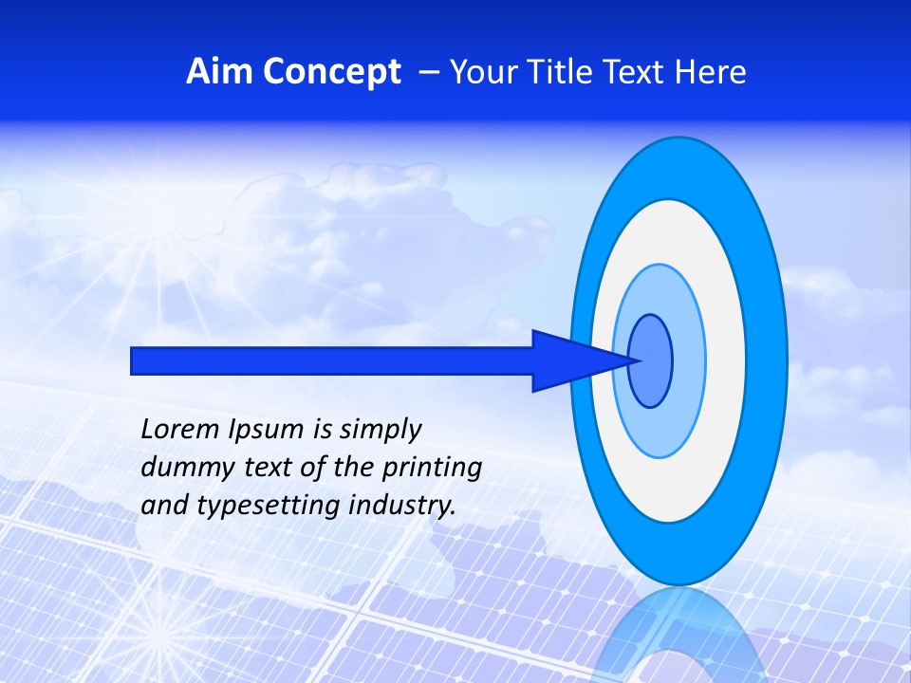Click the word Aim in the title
click(x=218, y=72)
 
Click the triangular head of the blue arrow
click(x=569, y=360)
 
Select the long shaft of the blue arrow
click(x=332, y=360)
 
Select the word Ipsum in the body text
click(x=267, y=430)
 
